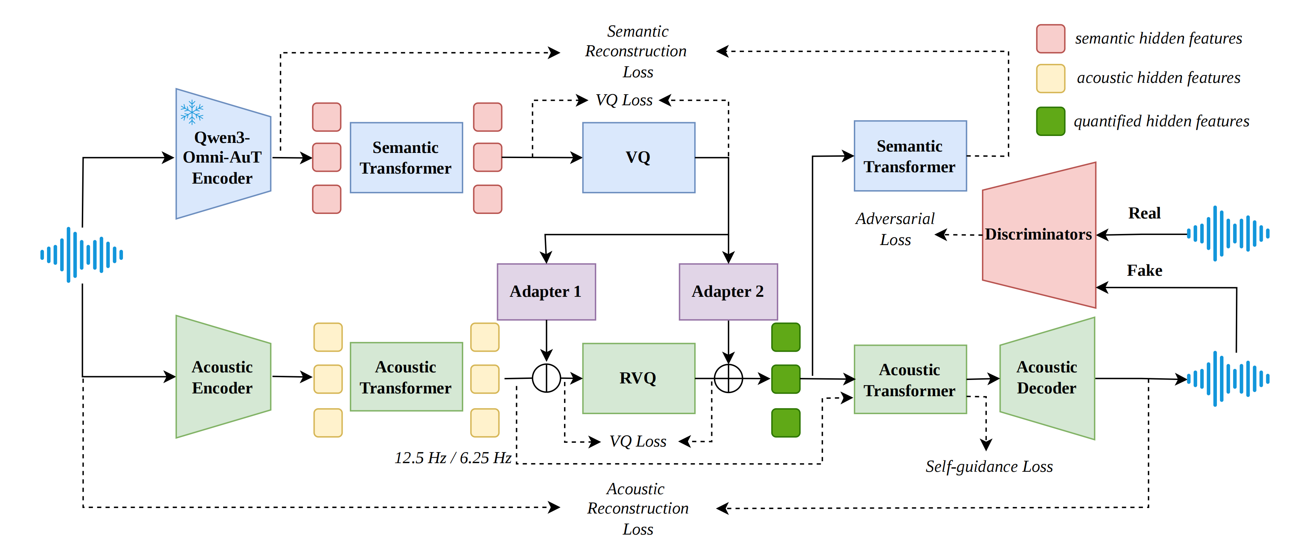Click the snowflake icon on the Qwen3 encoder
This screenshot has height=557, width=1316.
point(192,112)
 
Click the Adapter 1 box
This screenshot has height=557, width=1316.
point(546,292)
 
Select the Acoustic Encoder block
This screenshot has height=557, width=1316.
point(222,377)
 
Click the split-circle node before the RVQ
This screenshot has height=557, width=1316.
point(546,378)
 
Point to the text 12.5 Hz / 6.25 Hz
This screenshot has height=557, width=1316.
point(452,458)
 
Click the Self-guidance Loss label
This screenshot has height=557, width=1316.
point(989,467)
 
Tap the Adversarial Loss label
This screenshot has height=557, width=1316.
point(895,229)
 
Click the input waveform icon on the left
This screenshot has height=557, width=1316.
point(82,254)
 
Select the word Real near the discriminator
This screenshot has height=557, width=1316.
point(1144,213)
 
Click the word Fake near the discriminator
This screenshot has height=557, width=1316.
point(1144,270)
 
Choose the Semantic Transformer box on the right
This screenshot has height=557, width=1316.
point(909,156)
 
